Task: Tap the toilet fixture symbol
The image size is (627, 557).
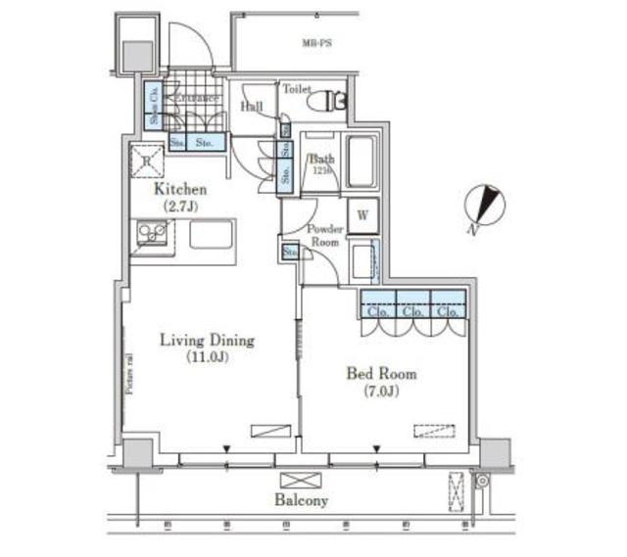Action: click(326, 101)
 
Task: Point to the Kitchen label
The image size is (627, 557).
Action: click(179, 190)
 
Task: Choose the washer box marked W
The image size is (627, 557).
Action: click(362, 213)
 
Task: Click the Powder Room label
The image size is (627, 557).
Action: click(325, 235)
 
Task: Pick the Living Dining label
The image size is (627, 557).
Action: click(207, 341)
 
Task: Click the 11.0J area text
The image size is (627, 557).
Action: click(207, 358)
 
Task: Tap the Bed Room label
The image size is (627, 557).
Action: click(381, 373)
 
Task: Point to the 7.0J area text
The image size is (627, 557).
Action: click(381, 391)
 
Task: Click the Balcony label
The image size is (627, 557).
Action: click(302, 500)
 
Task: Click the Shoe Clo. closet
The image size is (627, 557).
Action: click(154, 104)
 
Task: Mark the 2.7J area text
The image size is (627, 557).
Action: click(179, 208)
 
